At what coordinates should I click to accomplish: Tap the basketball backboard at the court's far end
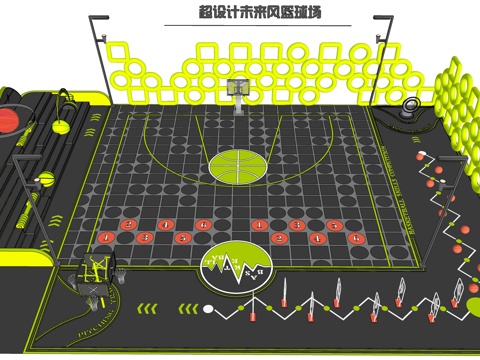(x=239, y=90)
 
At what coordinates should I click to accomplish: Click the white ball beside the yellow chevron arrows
(x=420, y=156)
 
